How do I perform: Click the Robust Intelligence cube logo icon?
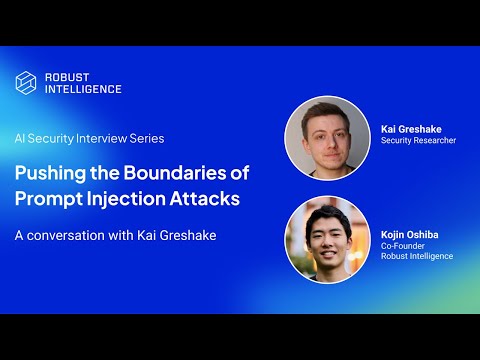(26, 82)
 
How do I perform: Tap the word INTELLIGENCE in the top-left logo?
(83, 89)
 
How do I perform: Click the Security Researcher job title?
(418, 141)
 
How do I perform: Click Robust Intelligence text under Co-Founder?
(417, 256)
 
